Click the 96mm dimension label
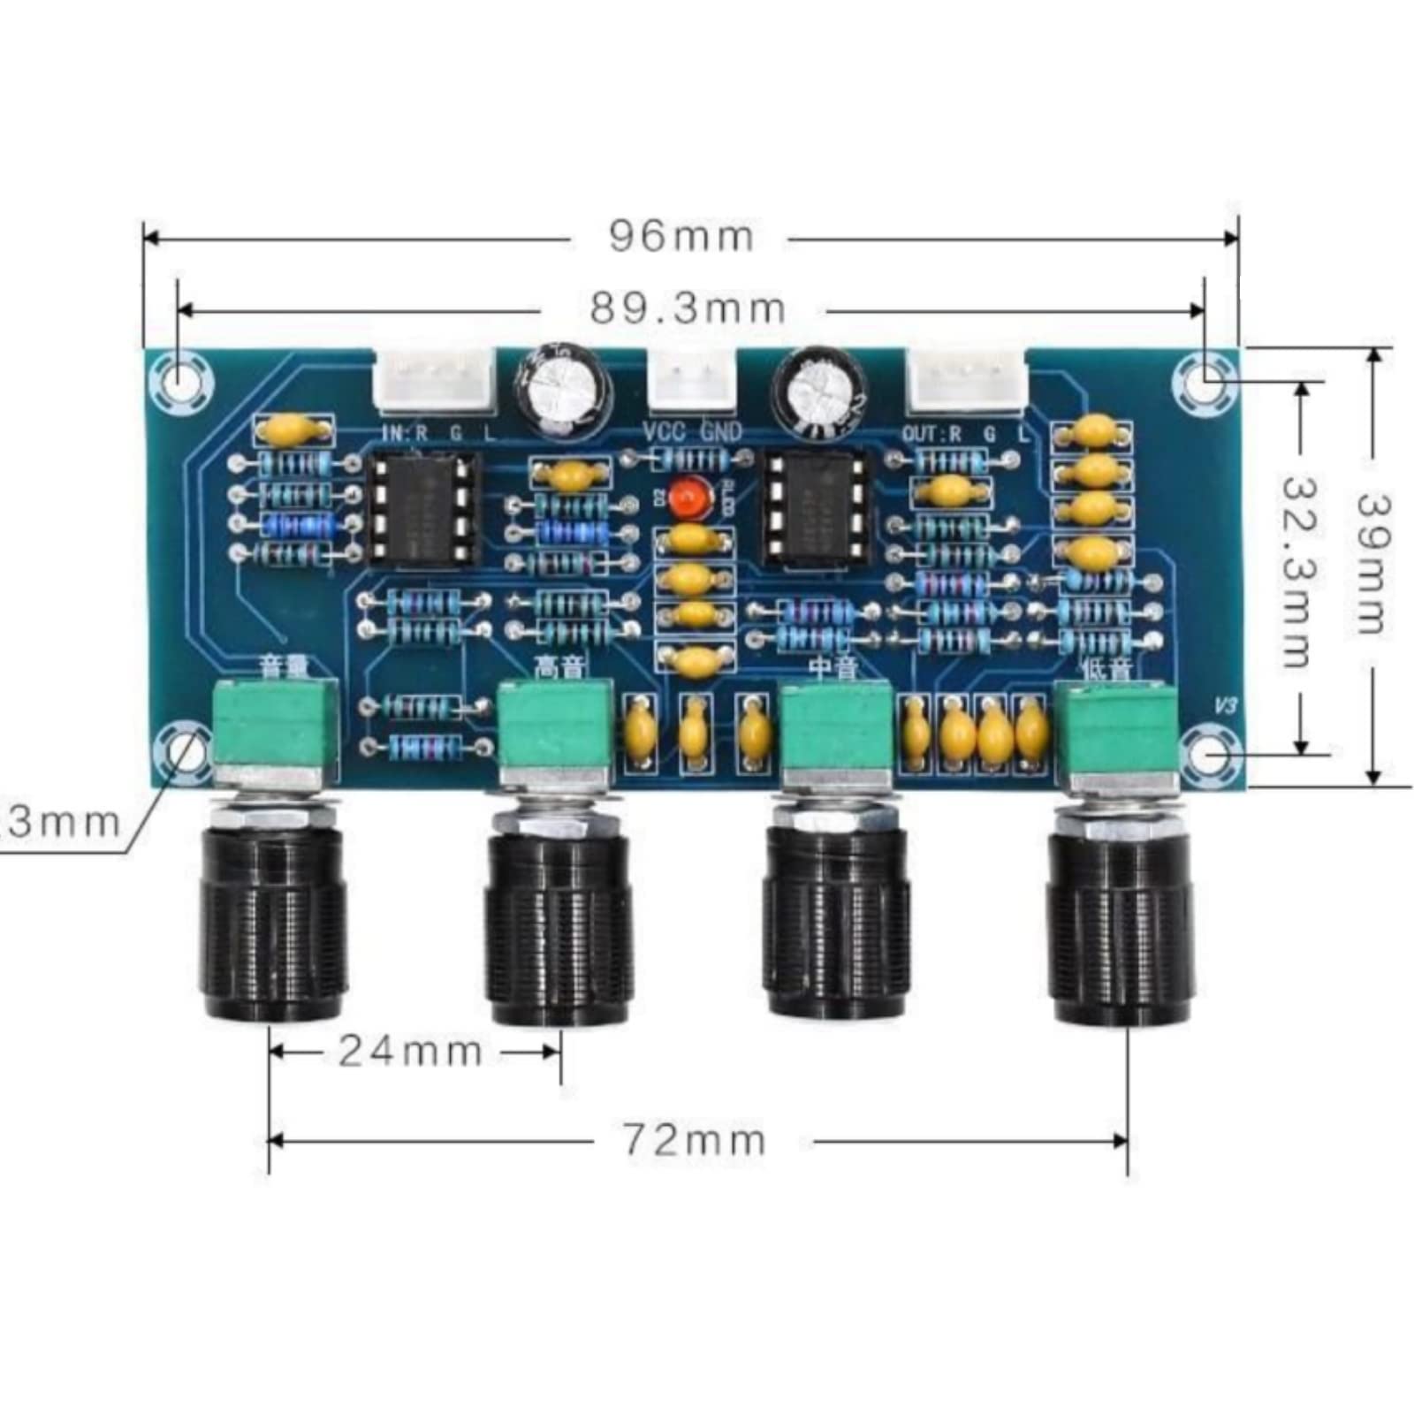click(681, 237)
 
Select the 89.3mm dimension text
click(688, 309)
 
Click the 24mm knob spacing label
click(411, 1052)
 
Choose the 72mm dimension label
click(695, 1140)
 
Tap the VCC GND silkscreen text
click(692, 433)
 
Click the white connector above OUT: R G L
click(967, 381)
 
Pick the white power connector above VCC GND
click(692, 381)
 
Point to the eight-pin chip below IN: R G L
click(423, 507)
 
